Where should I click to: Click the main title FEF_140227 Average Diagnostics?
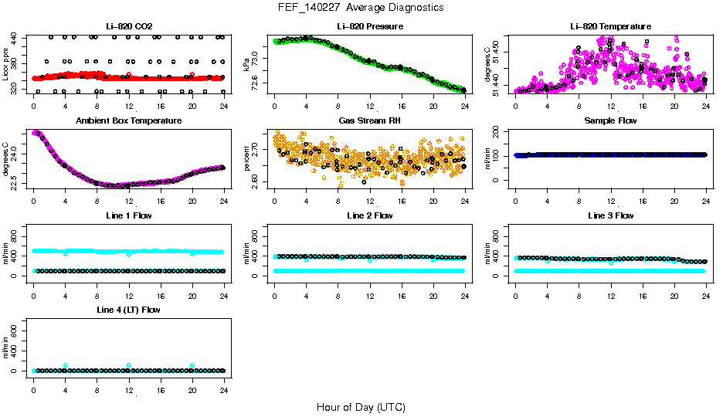point(361,7)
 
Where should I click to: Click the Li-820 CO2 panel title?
point(128,26)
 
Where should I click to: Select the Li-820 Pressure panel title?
point(369,26)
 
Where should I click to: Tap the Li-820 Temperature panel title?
point(610,26)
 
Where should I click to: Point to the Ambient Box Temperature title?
point(128,120)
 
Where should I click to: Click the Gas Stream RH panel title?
point(369,120)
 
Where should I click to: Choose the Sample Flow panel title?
point(610,120)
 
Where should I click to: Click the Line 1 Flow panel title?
point(128,215)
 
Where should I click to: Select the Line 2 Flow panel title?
point(369,215)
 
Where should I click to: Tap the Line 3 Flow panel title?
point(610,215)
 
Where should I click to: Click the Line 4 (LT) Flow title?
point(128,310)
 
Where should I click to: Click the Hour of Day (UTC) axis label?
point(361,407)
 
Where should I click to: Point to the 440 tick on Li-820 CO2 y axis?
point(15,37)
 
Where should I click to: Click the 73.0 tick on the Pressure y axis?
point(256,57)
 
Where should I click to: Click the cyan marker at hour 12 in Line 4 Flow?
point(129,365)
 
